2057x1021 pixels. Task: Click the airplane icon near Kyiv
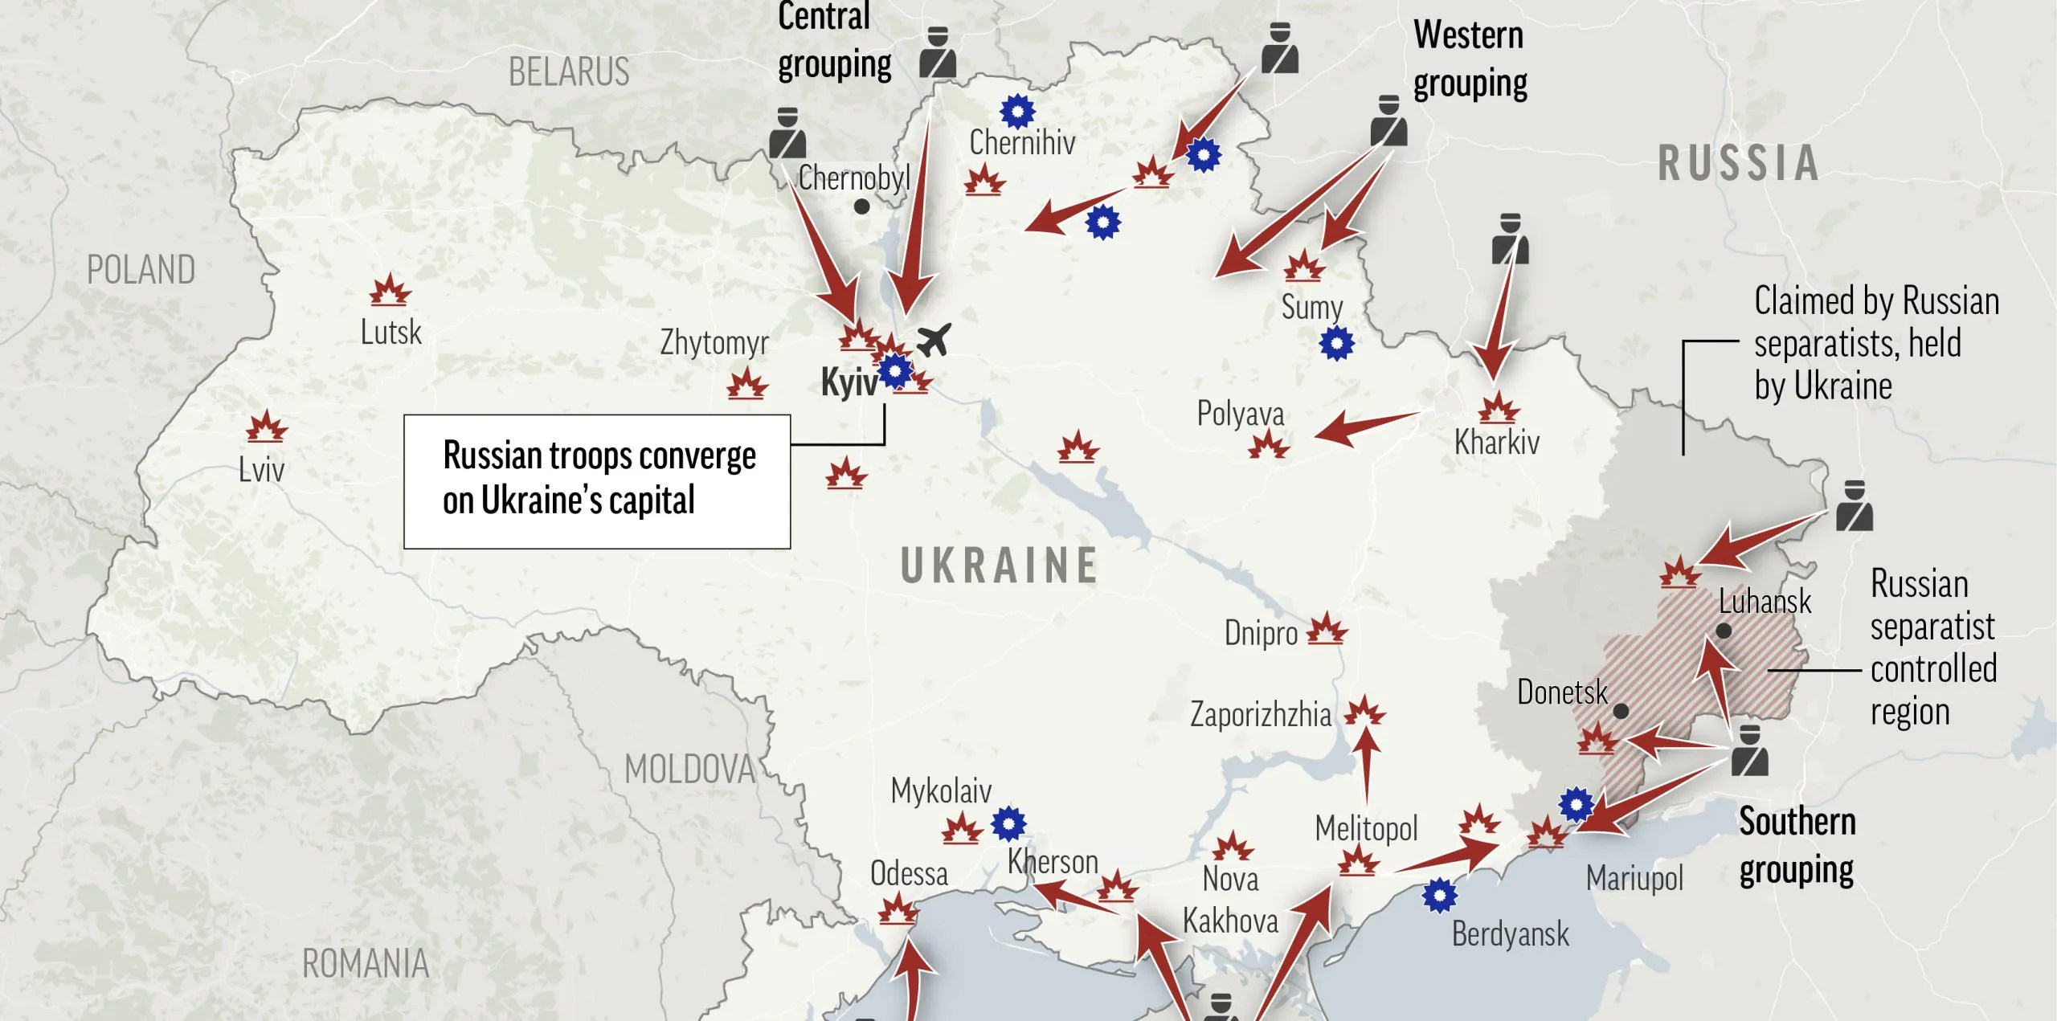coord(934,340)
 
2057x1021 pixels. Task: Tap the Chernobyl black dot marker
coord(861,206)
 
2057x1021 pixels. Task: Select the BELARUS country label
coord(569,72)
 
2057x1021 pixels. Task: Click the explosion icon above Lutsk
coord(390,290)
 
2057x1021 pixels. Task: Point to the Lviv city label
coord(261,469)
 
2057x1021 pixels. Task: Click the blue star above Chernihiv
coord(1017,111)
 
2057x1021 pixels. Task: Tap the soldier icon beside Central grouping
coord(937,53)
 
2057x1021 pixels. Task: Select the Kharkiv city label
coord(1496,443)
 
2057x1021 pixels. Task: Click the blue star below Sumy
coord(1336,344)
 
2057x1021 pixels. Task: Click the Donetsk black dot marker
coord(1621,711)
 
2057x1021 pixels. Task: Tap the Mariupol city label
coord(1634,878)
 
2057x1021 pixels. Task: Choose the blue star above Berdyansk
coord(1439,895)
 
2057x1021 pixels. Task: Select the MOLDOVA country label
coord(689,770)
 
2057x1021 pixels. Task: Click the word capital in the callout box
coord(652,500)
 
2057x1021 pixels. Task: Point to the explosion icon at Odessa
coord(897,912)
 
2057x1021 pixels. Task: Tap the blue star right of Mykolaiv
coord(1008,823)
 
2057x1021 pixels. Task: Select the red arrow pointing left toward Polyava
coord(1366,427)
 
